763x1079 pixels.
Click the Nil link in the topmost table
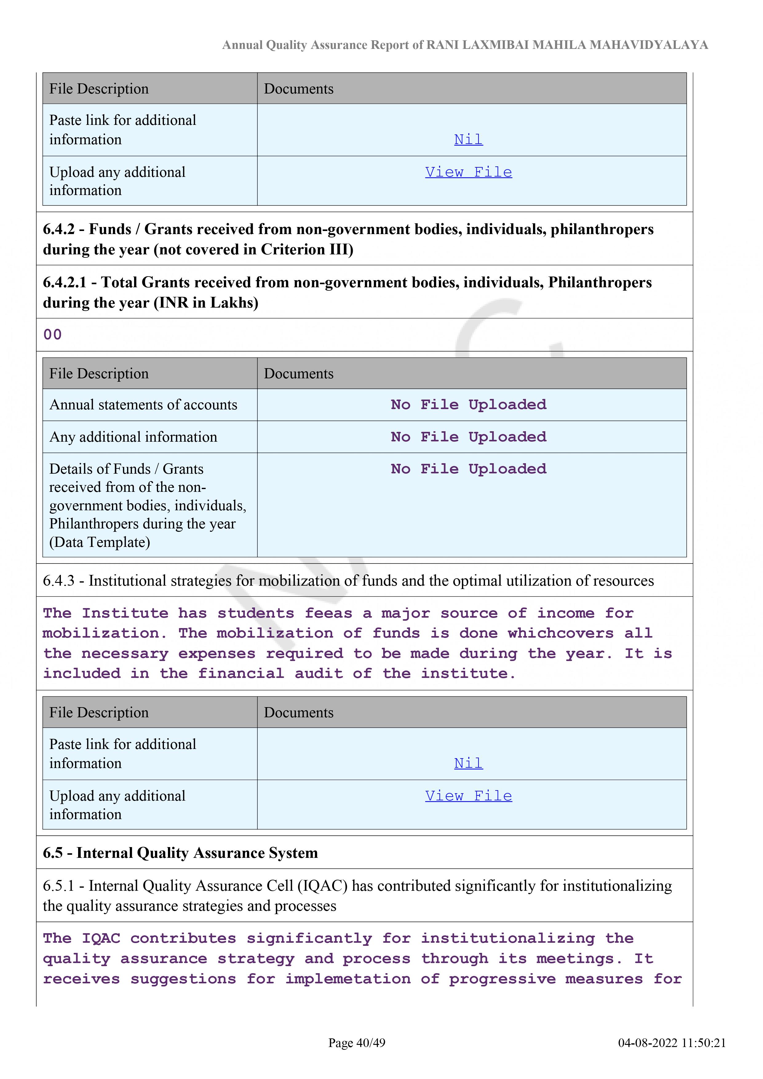coord(468,140)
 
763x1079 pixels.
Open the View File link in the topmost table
coord(468,172)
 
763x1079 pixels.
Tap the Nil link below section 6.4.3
coord(468,763)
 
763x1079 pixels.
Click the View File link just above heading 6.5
coord(468,796)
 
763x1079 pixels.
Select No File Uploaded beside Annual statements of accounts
coord(468,405)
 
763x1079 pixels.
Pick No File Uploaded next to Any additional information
coord(468,437)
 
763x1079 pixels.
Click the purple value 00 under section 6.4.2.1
coord(52,335)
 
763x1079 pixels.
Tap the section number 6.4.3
coord(58,581)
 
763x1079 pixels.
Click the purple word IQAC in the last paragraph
coord(101,938)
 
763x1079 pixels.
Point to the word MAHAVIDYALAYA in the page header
coord(648,45)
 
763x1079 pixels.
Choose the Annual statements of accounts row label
coord(143,405)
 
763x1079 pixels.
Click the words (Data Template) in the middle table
coord(100,542)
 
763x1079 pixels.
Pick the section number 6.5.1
coord(58,886)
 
